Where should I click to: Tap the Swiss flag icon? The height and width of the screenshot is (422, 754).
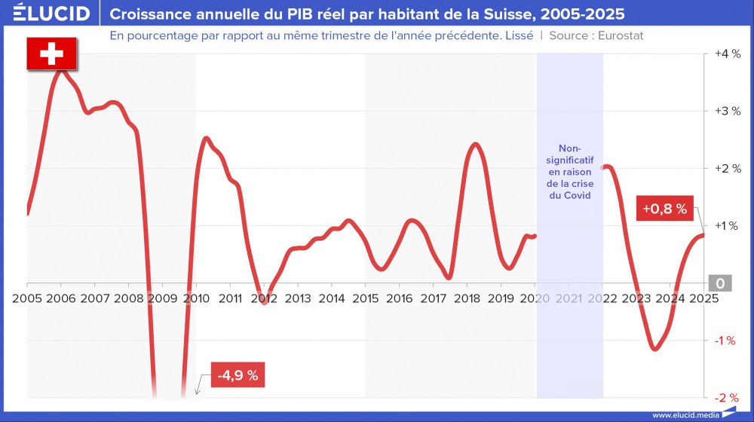51,54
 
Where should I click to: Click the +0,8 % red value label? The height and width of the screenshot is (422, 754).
664,209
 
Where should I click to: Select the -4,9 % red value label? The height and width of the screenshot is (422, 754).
239,375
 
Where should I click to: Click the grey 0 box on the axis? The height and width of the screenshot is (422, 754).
720,283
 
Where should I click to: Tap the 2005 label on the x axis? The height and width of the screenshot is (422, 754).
27,298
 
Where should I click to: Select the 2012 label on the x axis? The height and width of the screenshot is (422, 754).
264,298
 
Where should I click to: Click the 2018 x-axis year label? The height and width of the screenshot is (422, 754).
467,298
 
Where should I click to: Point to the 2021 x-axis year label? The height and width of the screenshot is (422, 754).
569,298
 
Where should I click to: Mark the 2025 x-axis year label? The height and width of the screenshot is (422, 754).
703,298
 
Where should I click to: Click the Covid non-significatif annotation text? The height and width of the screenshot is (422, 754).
570,171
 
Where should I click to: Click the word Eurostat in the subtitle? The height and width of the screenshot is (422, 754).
621,35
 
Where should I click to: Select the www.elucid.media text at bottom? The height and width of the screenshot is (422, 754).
684,414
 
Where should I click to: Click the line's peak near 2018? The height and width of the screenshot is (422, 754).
475,144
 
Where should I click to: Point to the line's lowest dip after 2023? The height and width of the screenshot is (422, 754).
654,349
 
